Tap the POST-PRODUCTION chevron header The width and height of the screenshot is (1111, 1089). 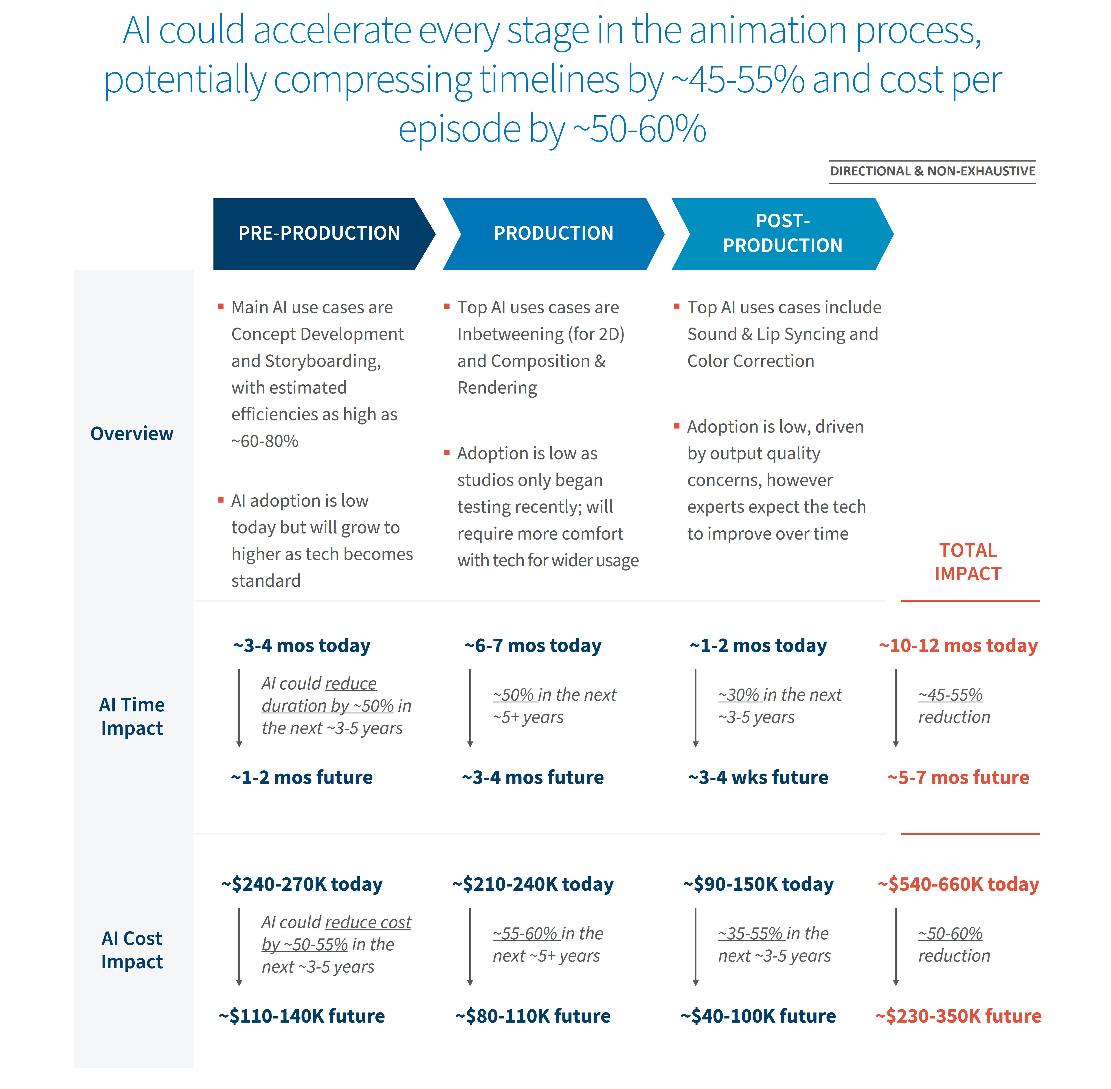tap(782, 233)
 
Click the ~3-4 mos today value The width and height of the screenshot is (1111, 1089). tap(301, 646)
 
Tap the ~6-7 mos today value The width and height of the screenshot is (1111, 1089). tap(533, 646)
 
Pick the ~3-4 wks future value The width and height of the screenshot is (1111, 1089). tap(758, 777)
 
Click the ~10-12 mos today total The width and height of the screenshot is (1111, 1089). tap(958, 646)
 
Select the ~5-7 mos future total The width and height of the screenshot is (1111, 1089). tap(958, 777)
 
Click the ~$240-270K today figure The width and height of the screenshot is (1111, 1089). tap(301, 884)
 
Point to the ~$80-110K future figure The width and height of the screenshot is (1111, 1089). tap(533, 1016)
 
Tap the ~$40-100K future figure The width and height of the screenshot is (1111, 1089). tap(758, 1016)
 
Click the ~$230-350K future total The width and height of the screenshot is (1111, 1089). tap(958, 1016)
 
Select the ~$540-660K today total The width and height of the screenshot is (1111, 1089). tap(958, 884)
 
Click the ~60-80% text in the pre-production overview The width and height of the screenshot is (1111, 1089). tap(265, 441)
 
